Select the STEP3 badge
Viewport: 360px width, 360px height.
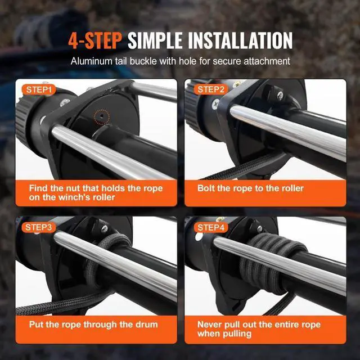click(x=39, y=227)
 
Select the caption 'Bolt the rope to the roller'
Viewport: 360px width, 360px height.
click(x=250, y=188)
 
